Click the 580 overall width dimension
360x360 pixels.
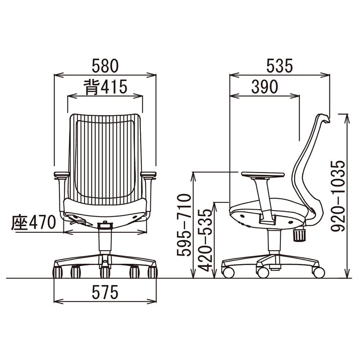pos(105,66)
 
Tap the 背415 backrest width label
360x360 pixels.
pos(105,87)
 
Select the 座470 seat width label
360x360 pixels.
pos(33,222)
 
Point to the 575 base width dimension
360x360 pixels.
pos(105,292)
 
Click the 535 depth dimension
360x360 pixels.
pos(279,66)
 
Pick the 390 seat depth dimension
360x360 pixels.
pos(265,87)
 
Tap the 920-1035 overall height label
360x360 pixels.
pos(338,196)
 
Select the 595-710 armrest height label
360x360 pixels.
pos(184,225)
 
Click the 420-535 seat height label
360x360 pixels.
pos(205,240)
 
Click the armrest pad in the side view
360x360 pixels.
pos(263,175)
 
